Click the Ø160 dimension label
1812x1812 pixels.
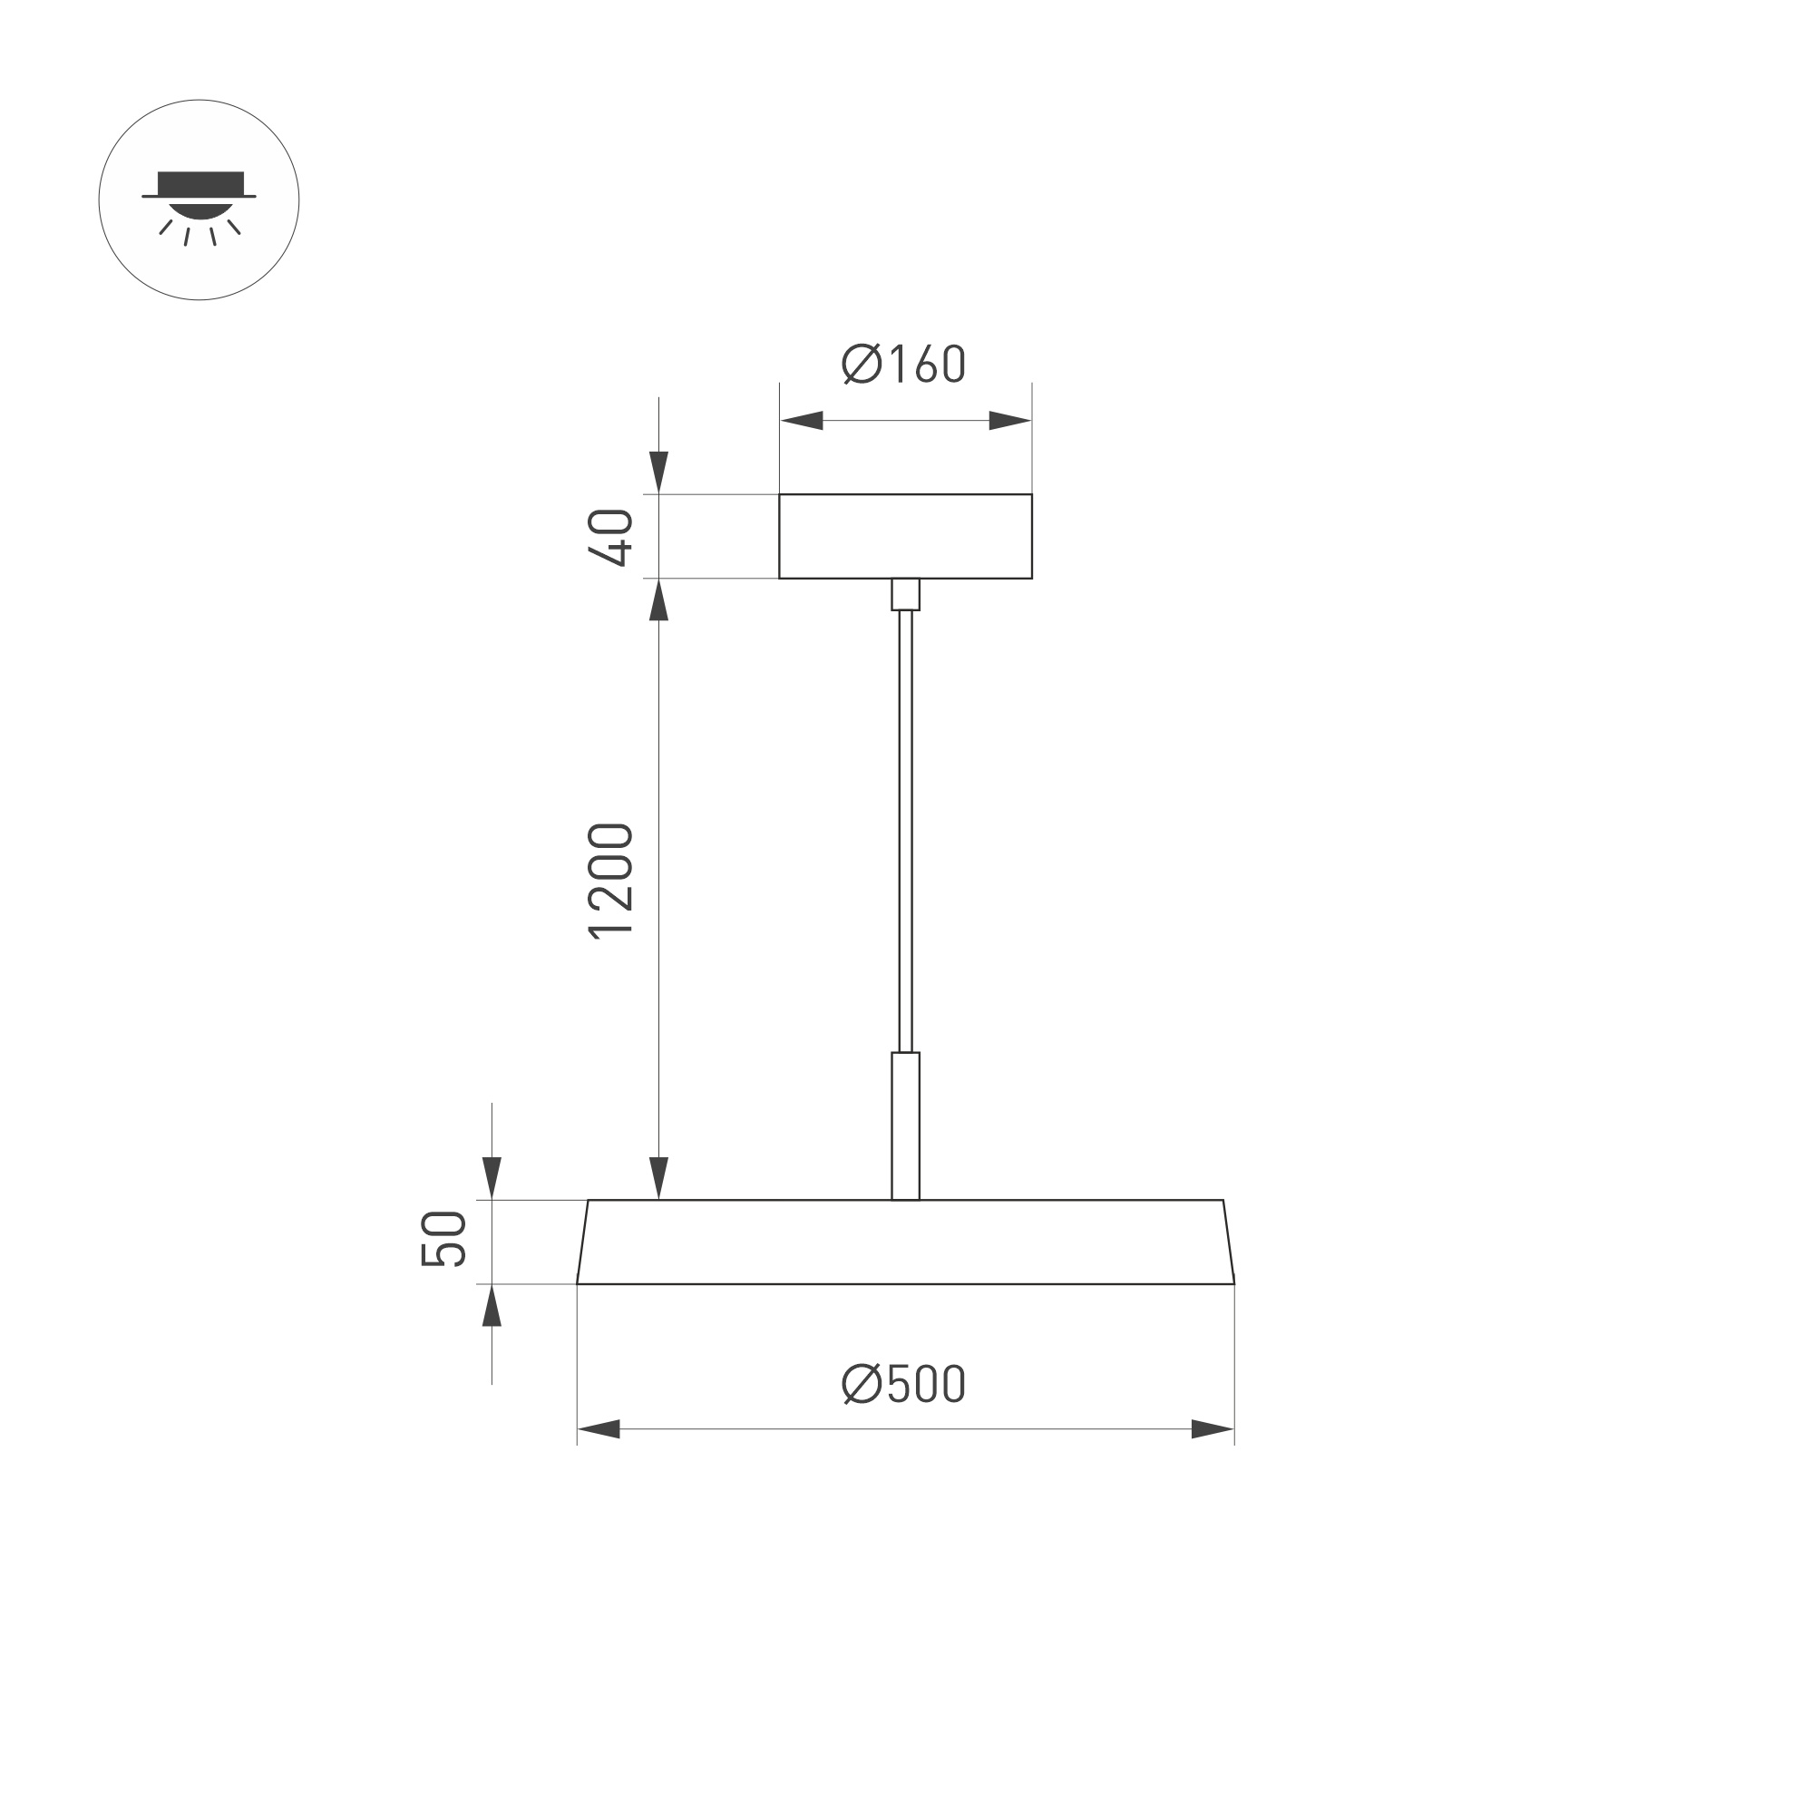(x=903, y=364)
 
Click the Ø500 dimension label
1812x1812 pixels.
(x=903, y=1384)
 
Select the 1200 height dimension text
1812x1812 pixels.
(x=610, y=881)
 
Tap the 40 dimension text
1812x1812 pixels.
(x=610, y=537)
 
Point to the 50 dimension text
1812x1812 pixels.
(x=443, y=1239)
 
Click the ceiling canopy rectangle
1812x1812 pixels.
(x=905, y=537)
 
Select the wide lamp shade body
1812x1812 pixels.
(x=905, y=1242)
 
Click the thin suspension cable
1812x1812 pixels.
(x=905, y=830)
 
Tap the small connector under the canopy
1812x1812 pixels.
(x=905, y=595)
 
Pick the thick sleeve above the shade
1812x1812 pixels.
(x=905, y=1125)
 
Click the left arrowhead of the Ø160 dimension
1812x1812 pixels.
(x=802, y=420)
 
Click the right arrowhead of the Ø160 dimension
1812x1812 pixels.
(x=1010, y=420)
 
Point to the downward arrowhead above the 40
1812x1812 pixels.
(x=658, y=472)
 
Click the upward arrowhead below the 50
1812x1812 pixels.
(x=492, y=1306)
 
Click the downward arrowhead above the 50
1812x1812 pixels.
(x=492, y=1178)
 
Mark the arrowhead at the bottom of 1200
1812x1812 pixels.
(x=658, y=1178)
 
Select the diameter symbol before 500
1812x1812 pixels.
(x=861, y=1384)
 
